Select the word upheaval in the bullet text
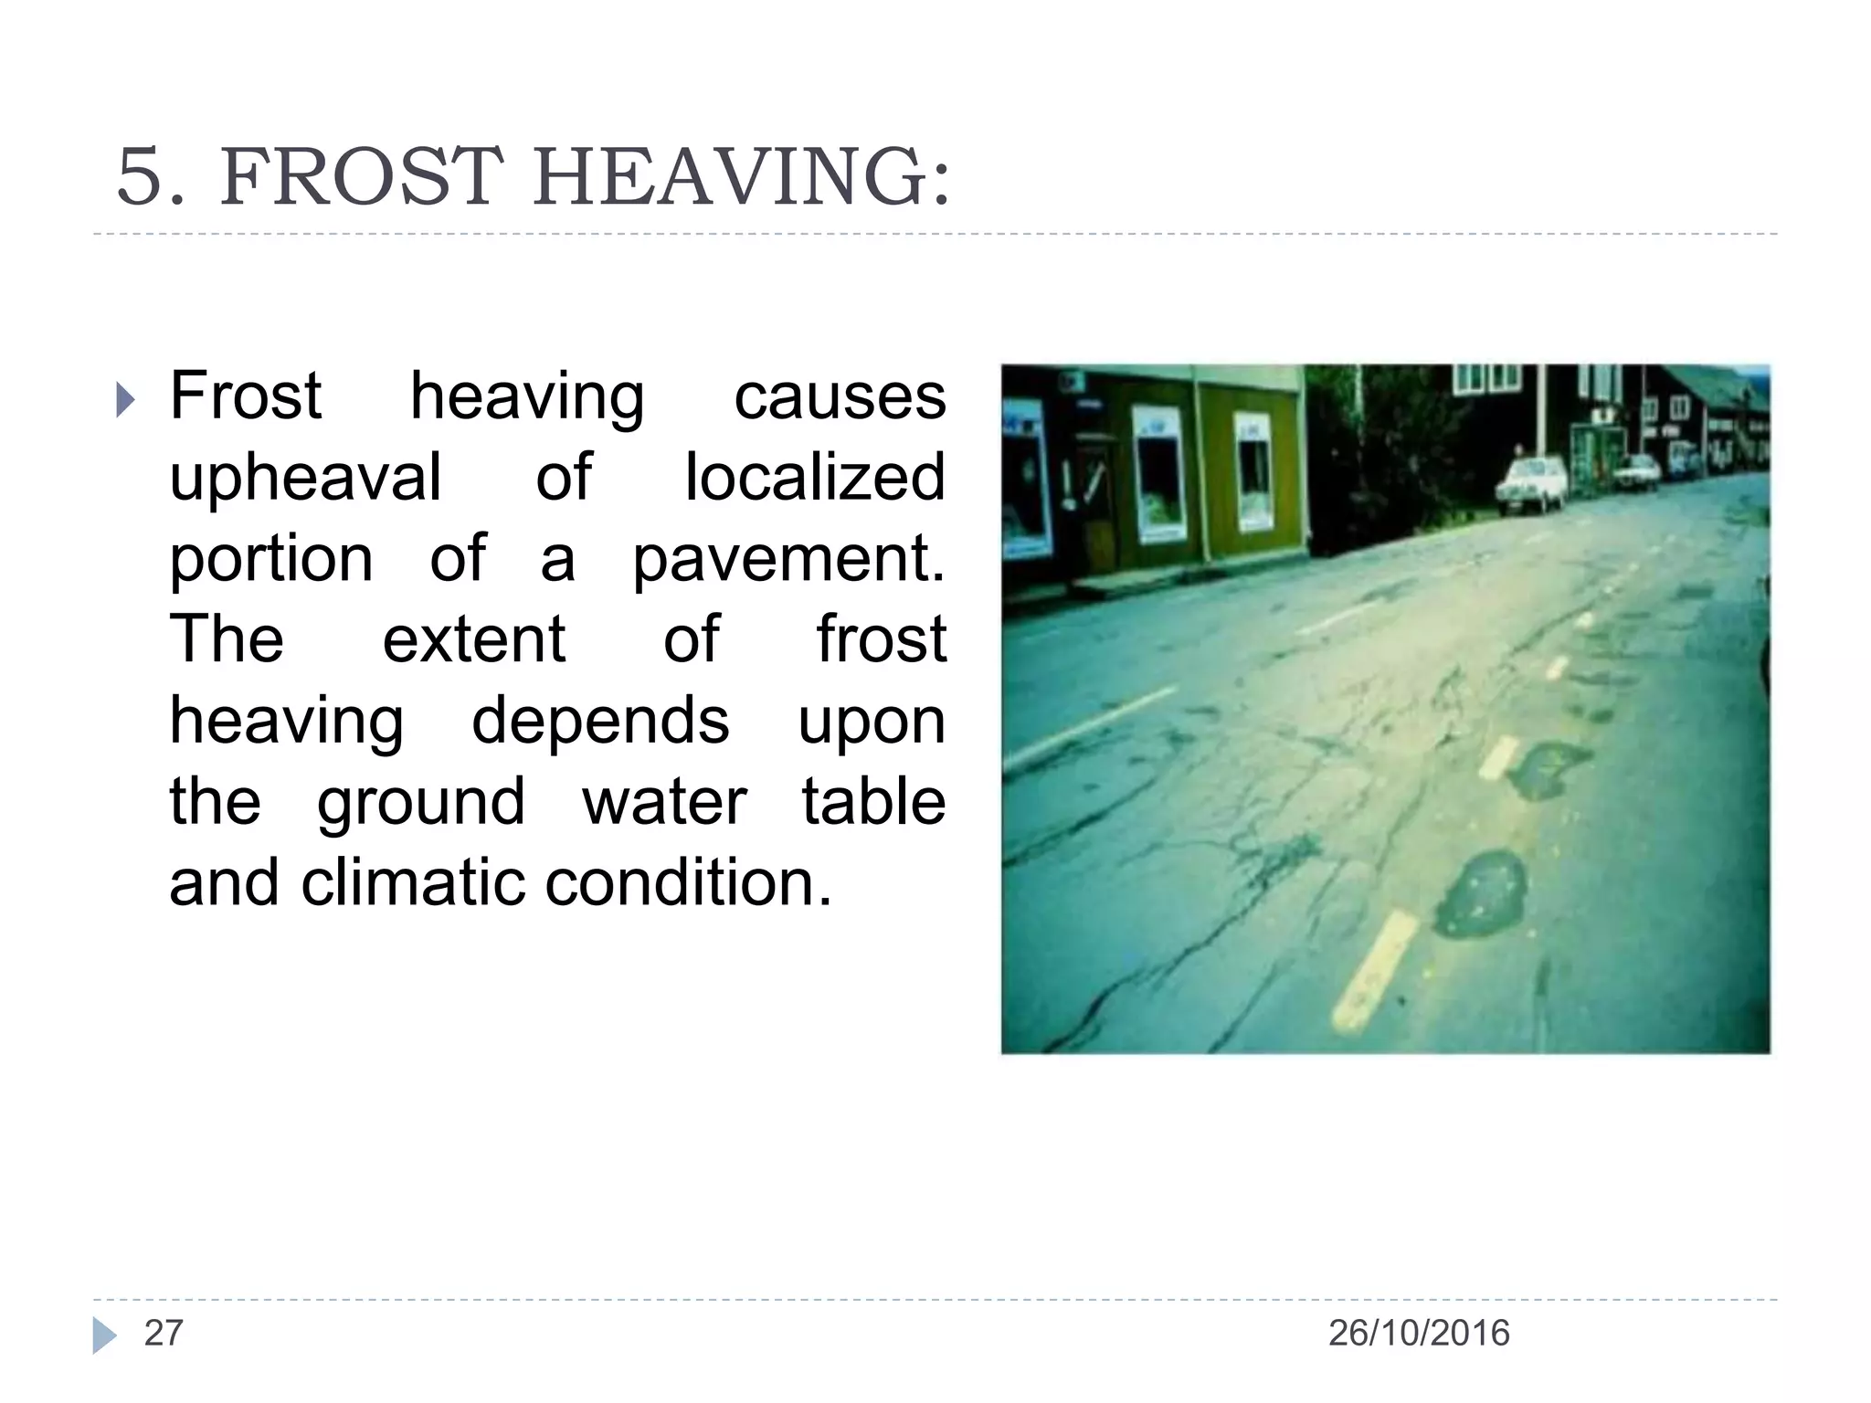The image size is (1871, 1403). pos(305,478)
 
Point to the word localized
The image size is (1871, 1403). pos(815,478)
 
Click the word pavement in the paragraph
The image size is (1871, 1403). pos(788,558)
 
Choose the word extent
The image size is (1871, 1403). pos(473,638)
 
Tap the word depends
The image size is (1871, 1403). pos(600,721)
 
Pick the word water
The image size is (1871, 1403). pos(664,801)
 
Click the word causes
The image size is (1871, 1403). pos(840,397)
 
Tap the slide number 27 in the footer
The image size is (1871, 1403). pos(164,1334)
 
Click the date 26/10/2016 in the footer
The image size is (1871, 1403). pos(1418,1334)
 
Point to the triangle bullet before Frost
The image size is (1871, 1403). pos(126,400)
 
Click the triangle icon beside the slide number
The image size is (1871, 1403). pos(104,1335)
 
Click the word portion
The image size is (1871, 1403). pos(271,558)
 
